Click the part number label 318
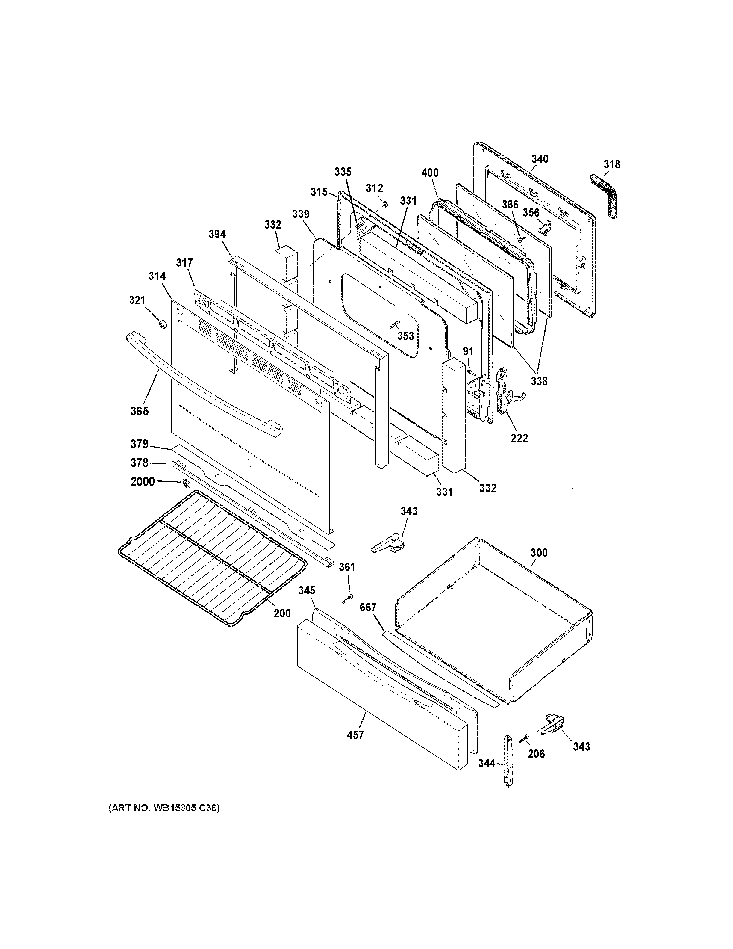(x=611, y=164)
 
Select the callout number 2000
(x=143, y=481)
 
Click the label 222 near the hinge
(x=519, y=438)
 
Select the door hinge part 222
(x=504, y=391)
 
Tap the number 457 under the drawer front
(x=355, y=735)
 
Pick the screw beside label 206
(x=524, y=738)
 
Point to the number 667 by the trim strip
(x=368, y=607)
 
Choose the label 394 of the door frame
(x=217, y=234)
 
